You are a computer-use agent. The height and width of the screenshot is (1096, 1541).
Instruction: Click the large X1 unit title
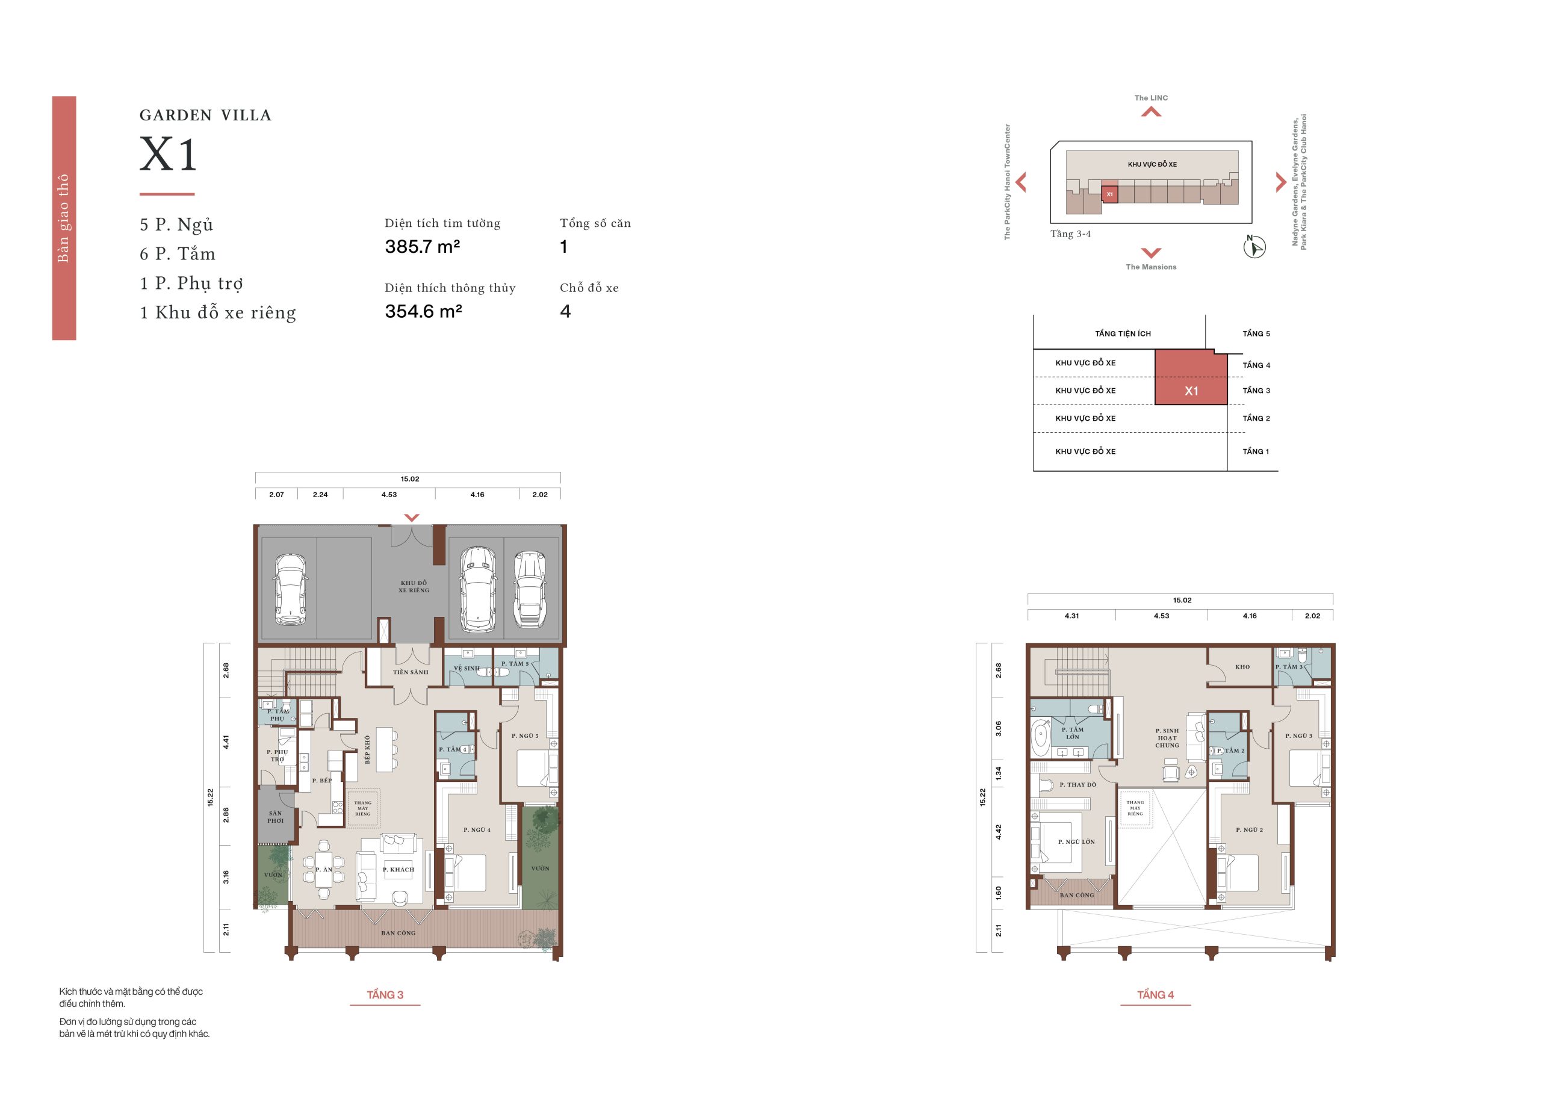click(168, 155)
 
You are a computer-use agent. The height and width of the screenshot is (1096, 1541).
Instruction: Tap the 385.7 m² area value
click(423, 247)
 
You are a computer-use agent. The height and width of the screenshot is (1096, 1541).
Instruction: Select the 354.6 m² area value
click(423, 311)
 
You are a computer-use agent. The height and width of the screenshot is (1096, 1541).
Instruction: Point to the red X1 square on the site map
click(1109, 194)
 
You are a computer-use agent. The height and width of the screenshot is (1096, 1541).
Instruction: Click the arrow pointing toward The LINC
click(1151, 112)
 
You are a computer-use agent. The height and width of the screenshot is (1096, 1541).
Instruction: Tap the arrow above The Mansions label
click(1151, 252)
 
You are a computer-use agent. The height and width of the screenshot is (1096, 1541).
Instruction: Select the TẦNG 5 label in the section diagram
click(1256, 333)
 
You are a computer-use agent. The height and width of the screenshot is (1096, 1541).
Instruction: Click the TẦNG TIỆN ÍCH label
click(1123, 333)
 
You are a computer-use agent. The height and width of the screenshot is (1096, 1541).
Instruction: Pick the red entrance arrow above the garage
click(412, 518)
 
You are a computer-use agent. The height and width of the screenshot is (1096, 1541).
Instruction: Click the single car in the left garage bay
click(290, 590)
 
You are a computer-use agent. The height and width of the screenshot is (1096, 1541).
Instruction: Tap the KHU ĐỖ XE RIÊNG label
click(414, 586)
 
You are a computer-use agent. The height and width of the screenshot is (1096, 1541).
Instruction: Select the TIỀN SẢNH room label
click(411, 672)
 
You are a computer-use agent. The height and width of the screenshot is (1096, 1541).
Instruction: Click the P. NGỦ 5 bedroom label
click(524, 735)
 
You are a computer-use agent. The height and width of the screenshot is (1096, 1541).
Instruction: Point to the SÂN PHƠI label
click(276, 817)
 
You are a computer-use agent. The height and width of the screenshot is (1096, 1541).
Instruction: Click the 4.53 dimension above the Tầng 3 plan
click(389, 495)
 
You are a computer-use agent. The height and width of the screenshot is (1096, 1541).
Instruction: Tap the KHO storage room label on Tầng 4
click(1242, 667)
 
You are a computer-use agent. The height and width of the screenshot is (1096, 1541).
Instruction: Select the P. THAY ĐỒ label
click(1077, 785)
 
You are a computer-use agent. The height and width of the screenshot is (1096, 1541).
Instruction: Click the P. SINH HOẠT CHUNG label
click(1167, 738)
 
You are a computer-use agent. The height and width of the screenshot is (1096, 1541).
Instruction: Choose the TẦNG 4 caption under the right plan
click(1155, 995)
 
